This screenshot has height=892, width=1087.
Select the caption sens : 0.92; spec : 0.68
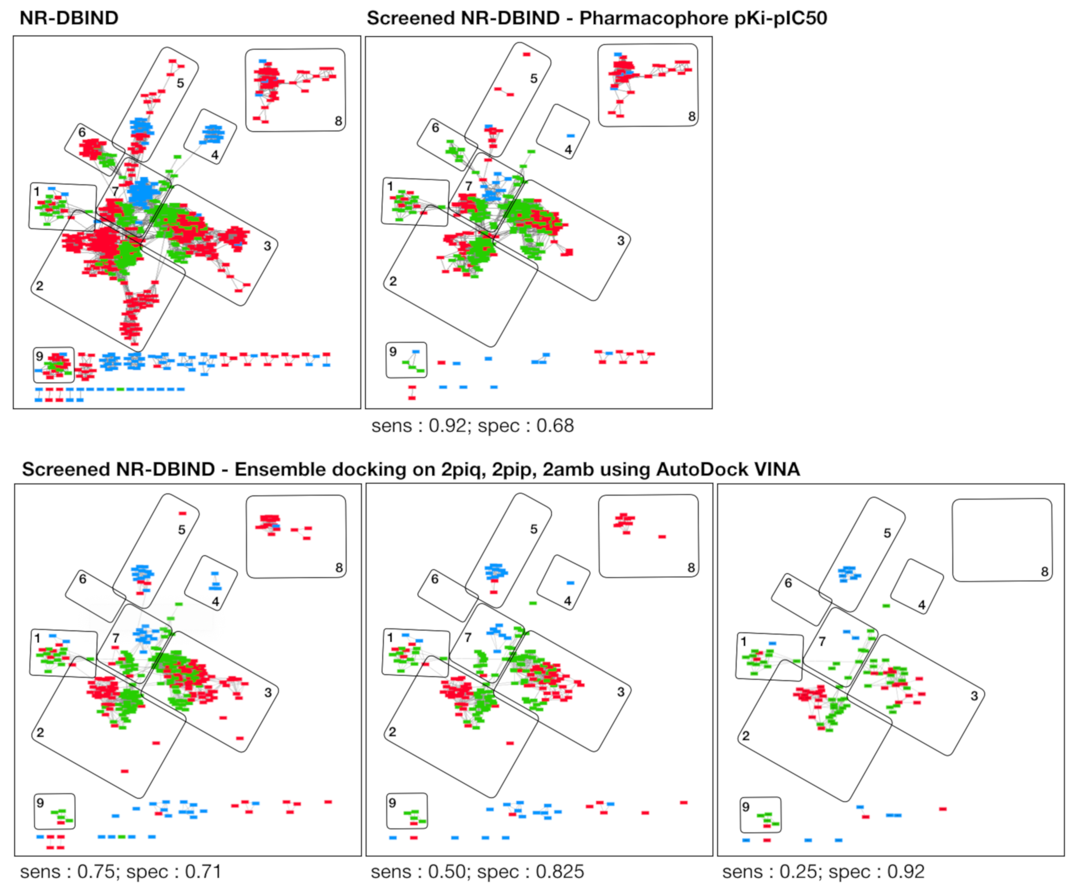pos(472,426)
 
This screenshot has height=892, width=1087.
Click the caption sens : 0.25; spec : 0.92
pos(823,872)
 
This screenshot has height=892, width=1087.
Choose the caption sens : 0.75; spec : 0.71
pos(121,872)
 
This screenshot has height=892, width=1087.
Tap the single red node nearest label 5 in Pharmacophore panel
pos(526,54)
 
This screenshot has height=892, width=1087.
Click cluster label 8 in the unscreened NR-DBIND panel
pos(338,121)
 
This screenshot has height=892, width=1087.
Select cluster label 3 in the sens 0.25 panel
pos(974,696)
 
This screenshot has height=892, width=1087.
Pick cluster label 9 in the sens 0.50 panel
pos(392,803)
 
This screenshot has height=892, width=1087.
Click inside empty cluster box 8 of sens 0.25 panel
pos(1002,539)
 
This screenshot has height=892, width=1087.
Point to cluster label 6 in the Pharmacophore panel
pos(435,127)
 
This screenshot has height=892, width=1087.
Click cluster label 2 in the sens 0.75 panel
pos(40,733)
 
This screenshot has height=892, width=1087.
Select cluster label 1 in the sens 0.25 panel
pos(743,641)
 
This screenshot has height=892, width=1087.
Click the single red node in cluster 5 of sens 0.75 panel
pos(182,513)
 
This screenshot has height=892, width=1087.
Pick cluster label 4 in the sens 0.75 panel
pos(215,601)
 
